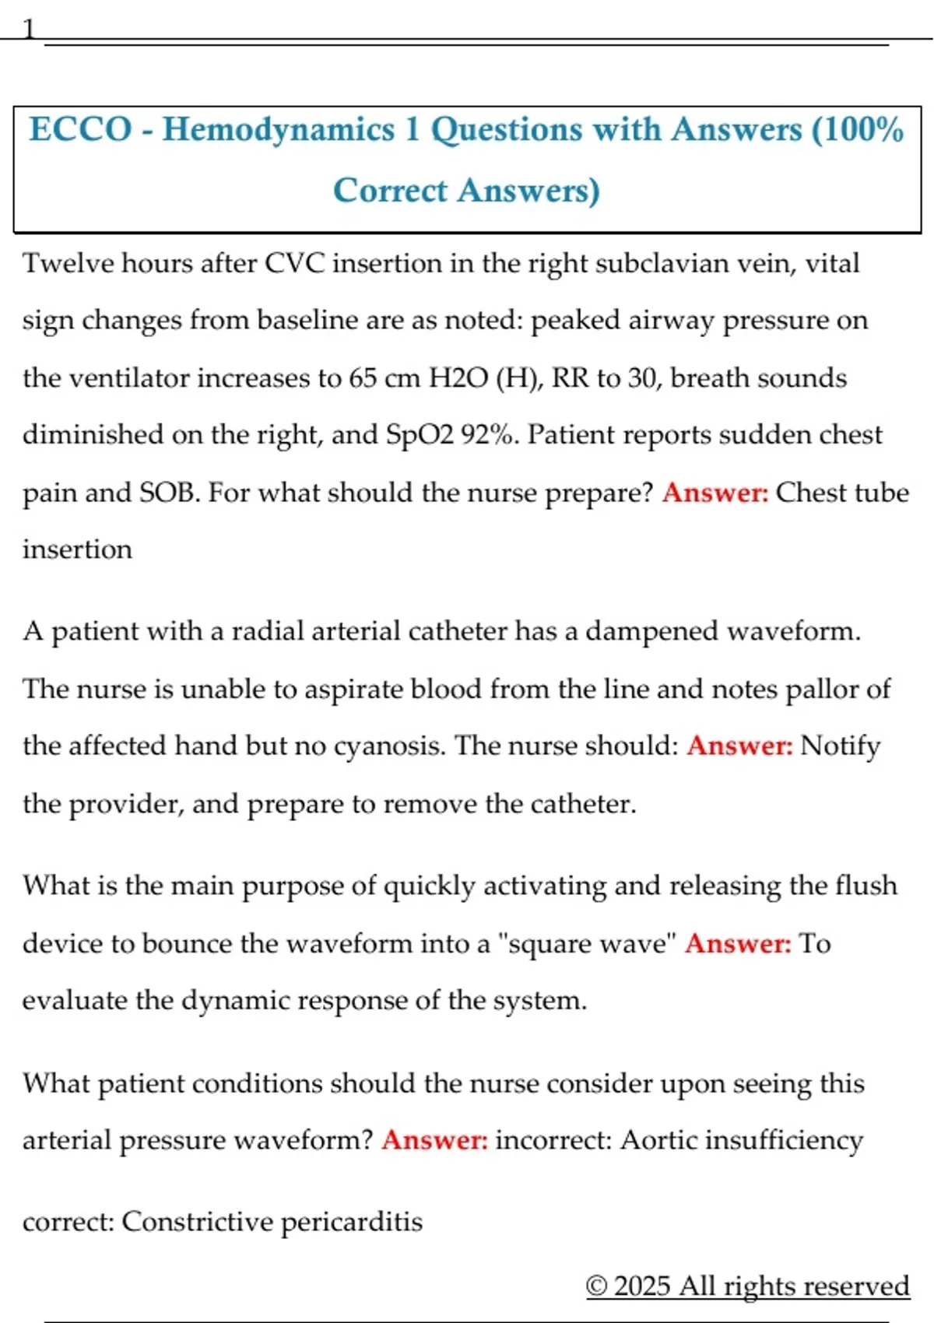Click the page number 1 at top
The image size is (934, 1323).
coord(29,30)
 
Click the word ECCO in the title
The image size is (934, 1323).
coord(80,129)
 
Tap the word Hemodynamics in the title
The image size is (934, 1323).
coord(279,129)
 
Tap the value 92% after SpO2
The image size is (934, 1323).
coord(490,434)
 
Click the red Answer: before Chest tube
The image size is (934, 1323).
coord(715,493)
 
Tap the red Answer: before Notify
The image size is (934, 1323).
coord(739,746)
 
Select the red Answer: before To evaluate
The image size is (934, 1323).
coord(738,943)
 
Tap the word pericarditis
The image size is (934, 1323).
coord(351,1222)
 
